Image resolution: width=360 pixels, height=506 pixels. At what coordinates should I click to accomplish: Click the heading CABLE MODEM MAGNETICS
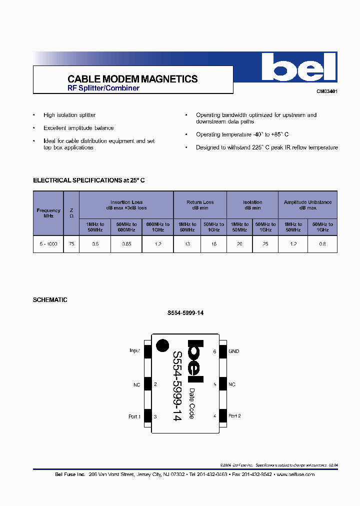pyautogui.click(x=132, y=79)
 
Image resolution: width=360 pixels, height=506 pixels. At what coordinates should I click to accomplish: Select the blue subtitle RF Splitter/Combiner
pyautogui.click(x=103, y=88)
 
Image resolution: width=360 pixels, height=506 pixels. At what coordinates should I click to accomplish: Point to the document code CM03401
pyautogui.click(x=326, y=91)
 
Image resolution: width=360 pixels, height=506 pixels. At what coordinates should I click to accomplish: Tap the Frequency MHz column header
pyautogui.click(x=48, y=213)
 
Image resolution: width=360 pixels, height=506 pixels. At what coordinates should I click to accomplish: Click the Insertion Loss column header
pyautogui.click(x=126, y=205)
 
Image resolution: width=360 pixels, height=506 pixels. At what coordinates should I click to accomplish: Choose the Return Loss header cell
pyautogui.click(x=200, y=205)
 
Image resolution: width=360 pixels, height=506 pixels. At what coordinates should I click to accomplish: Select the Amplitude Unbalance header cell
pyautogui.click(x=307, y=205)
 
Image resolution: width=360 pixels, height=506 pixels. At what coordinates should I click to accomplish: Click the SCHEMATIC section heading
pyautogui.click(x=50, y=300)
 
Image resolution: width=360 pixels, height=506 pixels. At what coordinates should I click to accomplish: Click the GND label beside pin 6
pyautogui.click(x=234, y=351)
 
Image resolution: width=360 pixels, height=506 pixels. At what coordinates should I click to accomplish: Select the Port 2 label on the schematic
pyautogui.click(x=234, y=416)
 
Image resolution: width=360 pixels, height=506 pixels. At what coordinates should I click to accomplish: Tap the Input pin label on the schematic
pyautogui.click(x=134, y=351)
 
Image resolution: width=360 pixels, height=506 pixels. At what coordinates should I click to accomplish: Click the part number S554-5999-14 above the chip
pyautogui.click(x=185, y=313)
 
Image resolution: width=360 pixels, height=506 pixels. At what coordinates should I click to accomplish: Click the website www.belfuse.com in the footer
pyautogui.click(x=295, y=474)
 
